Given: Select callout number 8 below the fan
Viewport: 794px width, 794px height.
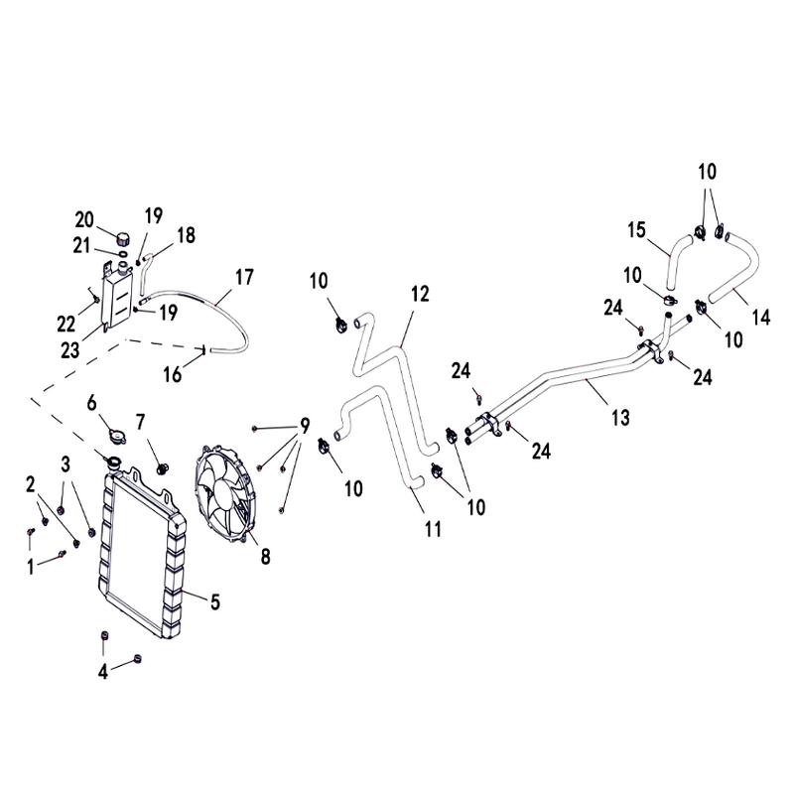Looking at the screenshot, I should [265, 557].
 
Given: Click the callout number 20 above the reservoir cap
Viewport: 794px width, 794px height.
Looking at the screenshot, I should [83, 219].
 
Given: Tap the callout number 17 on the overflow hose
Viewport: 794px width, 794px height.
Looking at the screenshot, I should [244, 275].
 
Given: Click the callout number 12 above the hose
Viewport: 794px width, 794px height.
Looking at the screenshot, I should [420, 294].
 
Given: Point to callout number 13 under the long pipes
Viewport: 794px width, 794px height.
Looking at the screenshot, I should [620, 419].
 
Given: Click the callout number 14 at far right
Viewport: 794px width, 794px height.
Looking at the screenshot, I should [760, 319].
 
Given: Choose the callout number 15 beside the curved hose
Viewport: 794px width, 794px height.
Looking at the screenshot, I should [636, 231].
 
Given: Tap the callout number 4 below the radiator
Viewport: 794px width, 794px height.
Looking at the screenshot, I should [102, 672].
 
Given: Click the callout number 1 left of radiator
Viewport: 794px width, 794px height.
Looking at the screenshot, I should [31, 566].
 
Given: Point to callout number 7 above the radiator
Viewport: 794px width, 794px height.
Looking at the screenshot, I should [140, 421].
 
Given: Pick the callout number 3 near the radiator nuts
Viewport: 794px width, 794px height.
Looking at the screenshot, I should [66, 463].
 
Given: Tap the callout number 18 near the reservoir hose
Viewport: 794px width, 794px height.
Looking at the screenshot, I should [187, 235].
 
